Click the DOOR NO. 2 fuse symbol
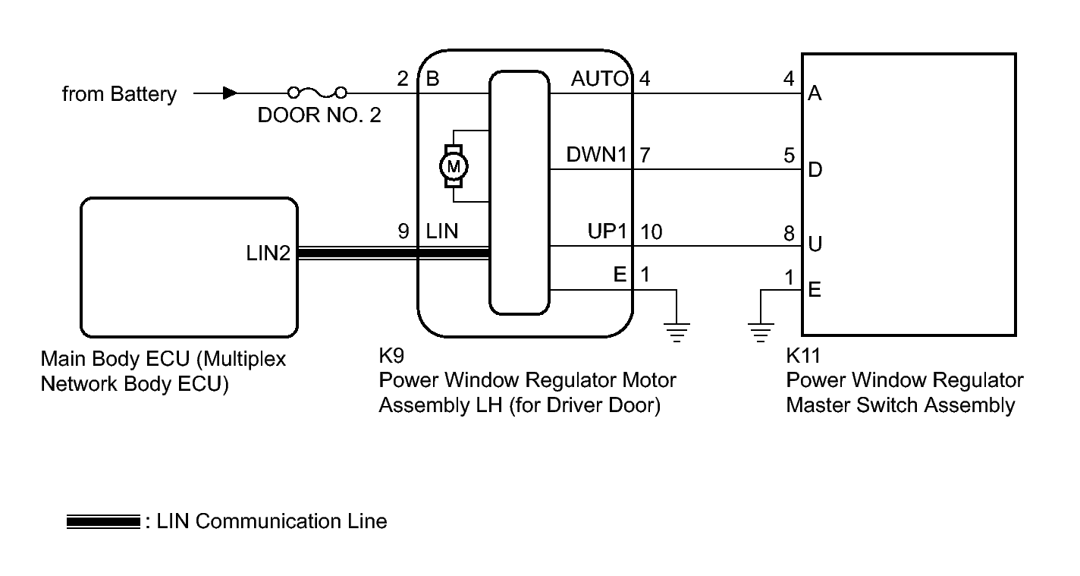317,93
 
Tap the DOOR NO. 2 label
319,117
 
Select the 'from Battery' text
119,94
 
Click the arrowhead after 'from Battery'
228,93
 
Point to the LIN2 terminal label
267,253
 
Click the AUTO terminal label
600,78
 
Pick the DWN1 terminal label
597,155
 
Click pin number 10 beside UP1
651,231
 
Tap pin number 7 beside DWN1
645,155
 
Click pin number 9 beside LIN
403,231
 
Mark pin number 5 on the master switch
789,156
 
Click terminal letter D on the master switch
815,169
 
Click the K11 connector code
804,355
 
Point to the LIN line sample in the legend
102,522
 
